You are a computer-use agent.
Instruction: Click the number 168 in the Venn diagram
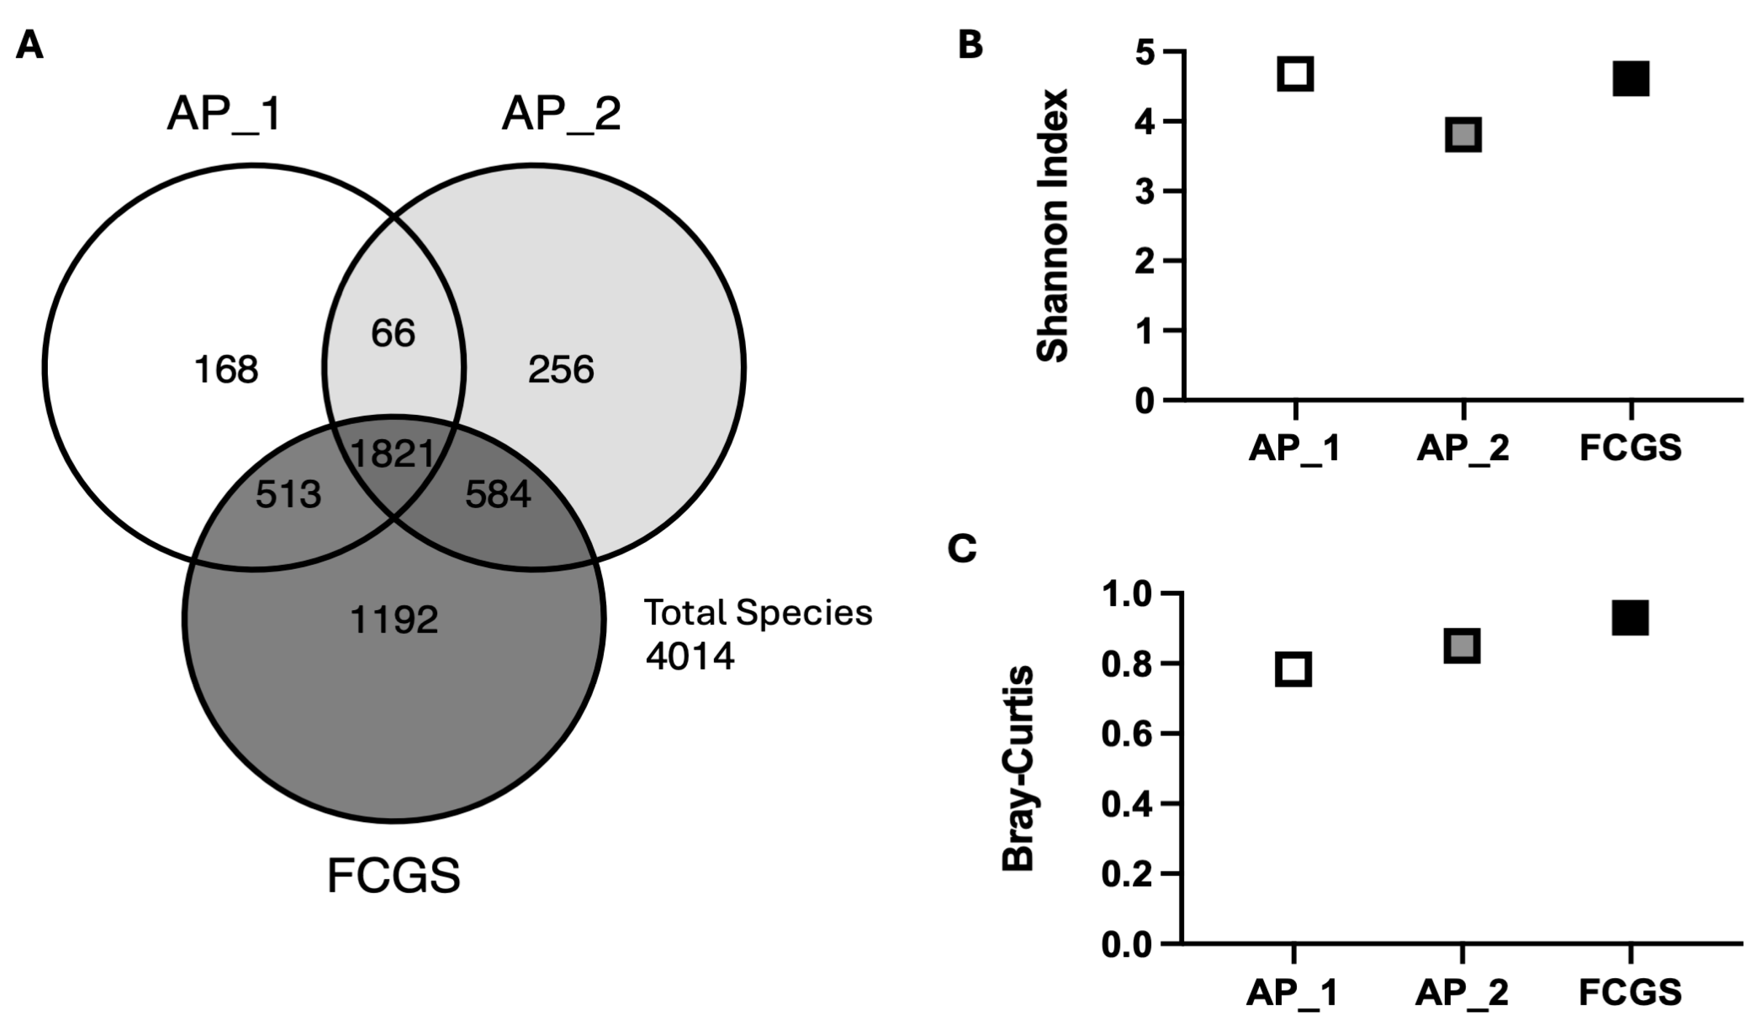(226, 370)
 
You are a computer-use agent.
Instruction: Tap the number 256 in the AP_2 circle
(561, 370)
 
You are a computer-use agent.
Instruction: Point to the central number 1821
(393, 454)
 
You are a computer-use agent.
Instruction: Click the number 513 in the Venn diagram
(288, 495)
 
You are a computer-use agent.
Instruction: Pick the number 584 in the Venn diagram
(498, 495)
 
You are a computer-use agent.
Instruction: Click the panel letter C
(962, 549)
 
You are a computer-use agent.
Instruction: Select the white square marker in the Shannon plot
(1295, 73)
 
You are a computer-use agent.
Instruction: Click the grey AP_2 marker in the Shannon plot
(1463, 135)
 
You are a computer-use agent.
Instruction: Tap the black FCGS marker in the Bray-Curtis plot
(1630, 617)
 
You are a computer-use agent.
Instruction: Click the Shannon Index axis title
(1053, 225)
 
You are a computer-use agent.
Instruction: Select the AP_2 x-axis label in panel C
(1461, 993)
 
